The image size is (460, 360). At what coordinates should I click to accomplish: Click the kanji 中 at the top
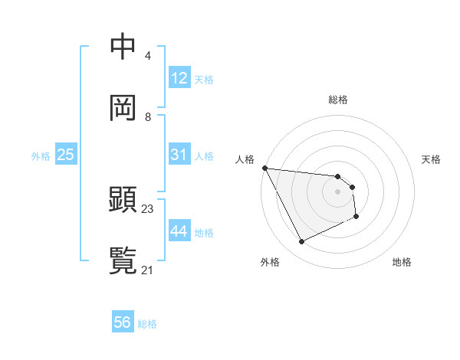[123, 47]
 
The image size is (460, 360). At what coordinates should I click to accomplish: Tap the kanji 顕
[123, 200]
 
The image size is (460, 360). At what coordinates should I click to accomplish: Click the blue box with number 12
[179, 78]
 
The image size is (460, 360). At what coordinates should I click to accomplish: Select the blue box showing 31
[179, 155]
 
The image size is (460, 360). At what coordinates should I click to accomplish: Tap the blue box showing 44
[179, 231]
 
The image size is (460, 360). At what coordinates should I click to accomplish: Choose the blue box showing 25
[66, 155]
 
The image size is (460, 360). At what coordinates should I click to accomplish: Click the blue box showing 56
[123, 322]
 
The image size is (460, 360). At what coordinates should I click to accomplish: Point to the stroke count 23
[148, 209]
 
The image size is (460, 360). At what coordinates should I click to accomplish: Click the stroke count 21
[148, 270]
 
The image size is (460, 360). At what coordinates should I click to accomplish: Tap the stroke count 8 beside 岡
[148, 116]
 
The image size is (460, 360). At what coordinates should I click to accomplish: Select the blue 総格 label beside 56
[147, 323]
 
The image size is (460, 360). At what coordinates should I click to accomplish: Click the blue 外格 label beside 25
[41, 155]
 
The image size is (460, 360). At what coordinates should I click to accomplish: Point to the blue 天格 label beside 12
[204, 79]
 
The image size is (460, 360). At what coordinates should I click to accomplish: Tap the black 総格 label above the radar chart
[337, 100]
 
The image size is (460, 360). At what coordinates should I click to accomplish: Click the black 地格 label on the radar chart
[402, 262]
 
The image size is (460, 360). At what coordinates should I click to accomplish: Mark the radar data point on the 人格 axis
[264, 168]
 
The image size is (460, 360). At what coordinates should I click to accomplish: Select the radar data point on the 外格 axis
[301, 242]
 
